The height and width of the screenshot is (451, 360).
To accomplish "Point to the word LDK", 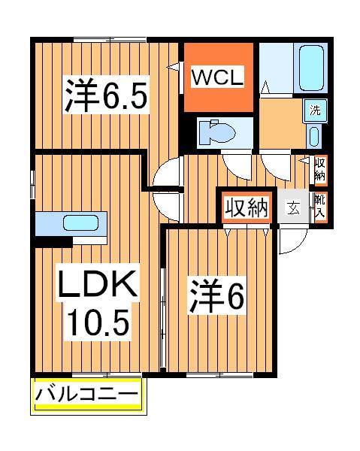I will click(98, 286).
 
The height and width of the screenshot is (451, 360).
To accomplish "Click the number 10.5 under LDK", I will click(98, 322).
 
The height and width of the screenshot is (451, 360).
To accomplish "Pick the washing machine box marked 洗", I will click(316, 110).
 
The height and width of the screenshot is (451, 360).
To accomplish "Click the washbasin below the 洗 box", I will click(315, 137).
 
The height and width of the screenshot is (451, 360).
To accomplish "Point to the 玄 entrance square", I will click(294, 208).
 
